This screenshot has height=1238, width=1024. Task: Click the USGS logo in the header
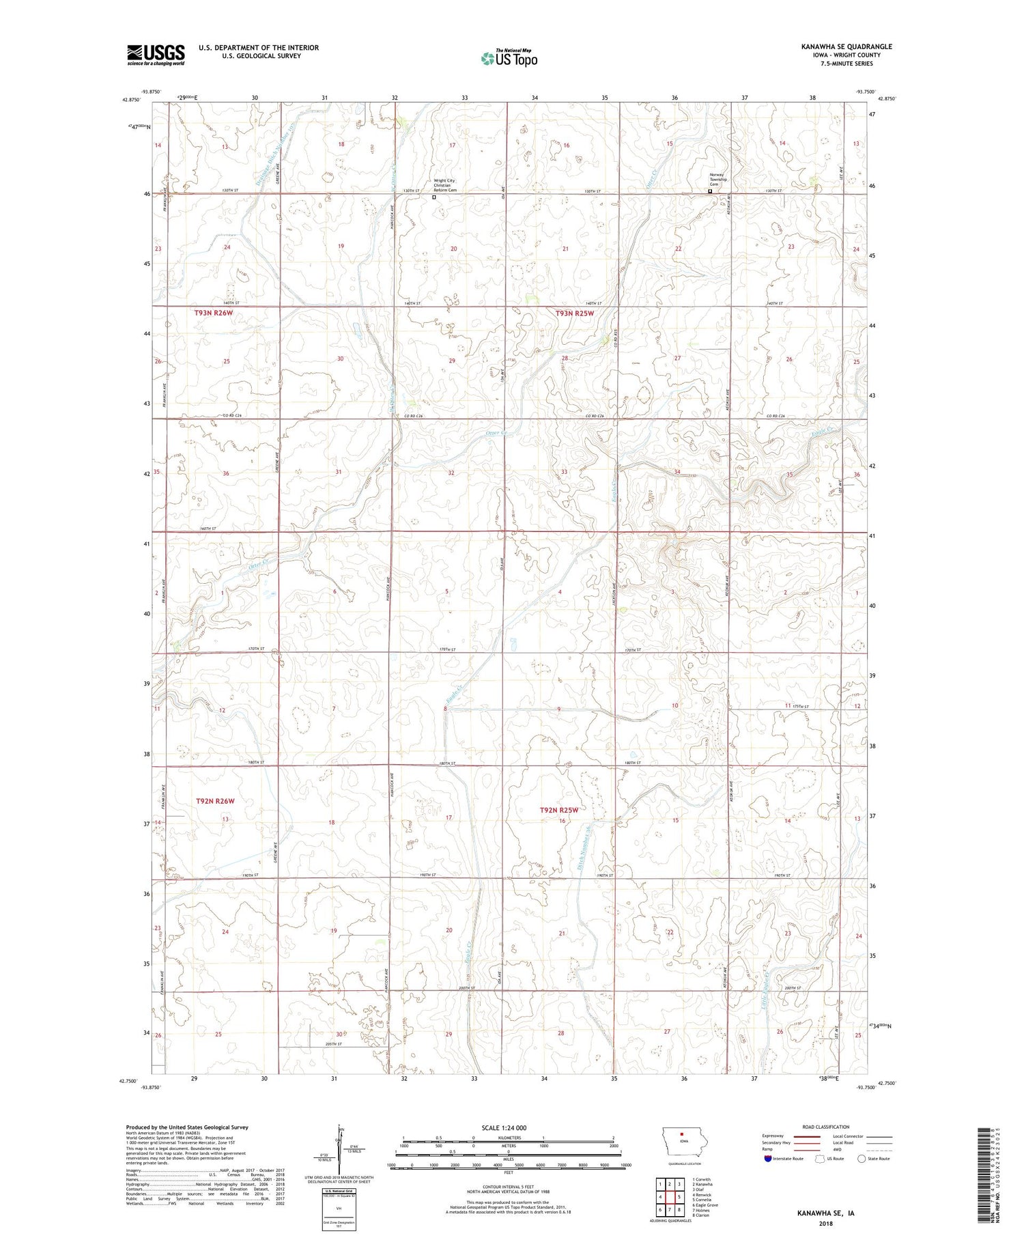click(156, 55)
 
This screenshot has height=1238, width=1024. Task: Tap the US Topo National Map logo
click(509, 58)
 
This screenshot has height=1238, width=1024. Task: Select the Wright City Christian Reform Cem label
click(444, 185)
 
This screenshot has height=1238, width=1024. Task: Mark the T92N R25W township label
click(559, 810)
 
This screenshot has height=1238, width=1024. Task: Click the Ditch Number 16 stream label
click(584, 845)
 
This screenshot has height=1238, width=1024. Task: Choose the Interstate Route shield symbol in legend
click(767, 1159)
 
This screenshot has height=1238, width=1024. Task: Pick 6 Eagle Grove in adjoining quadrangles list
click(705, 1205)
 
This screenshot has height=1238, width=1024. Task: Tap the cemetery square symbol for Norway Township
click(710, 192)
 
